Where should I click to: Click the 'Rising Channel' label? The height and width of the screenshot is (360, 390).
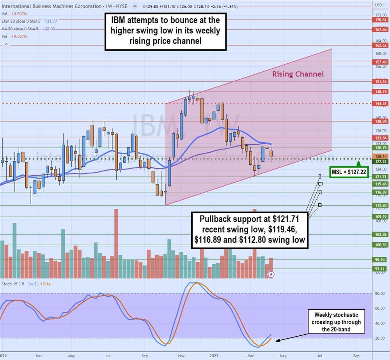pyautogui.click(x=298, y=74)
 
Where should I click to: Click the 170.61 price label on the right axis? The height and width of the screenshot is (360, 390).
pyautogui.click(x=381, y=20)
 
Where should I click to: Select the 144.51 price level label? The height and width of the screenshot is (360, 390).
pyautogui.click(x=381, y=104)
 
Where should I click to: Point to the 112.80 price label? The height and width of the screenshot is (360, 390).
pyautogui.click(x=381, y=205)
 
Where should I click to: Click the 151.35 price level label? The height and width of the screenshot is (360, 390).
pyautogui.click(x=381, y=81)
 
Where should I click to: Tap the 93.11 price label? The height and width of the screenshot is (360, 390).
pyautogui.click(x=381, y=268)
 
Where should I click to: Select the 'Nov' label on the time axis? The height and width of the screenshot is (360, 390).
pyautogui.click(x=182, y=356)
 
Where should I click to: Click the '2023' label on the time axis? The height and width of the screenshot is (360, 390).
pyautogui.click(x=214, y=356)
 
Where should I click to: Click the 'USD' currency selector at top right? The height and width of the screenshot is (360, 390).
pyautogui.click(x=379, y=5)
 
